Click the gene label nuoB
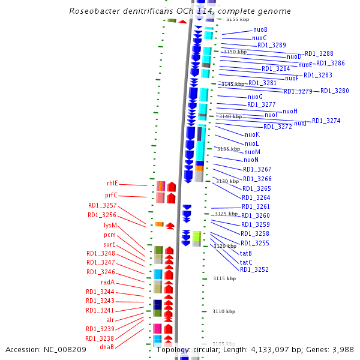[x=260, y=29]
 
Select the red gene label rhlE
[x=113, y=183]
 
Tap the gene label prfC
[x=112, y=195]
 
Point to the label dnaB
[x=107, y=347]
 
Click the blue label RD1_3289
[x=271, y=45]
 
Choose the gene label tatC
[x=246, y=262]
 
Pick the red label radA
[x=108, y=282]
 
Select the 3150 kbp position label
[x=235, y=52]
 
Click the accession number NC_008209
[x=71, y=349]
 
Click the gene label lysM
[x=110, y=226]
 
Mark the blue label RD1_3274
[x=326, y=121]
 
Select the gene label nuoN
[x=251, y=160]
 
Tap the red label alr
[x=110, y=320]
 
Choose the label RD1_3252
[x=254, y=269]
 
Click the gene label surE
[x=109, y=244]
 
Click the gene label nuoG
[x=255, y=97]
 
